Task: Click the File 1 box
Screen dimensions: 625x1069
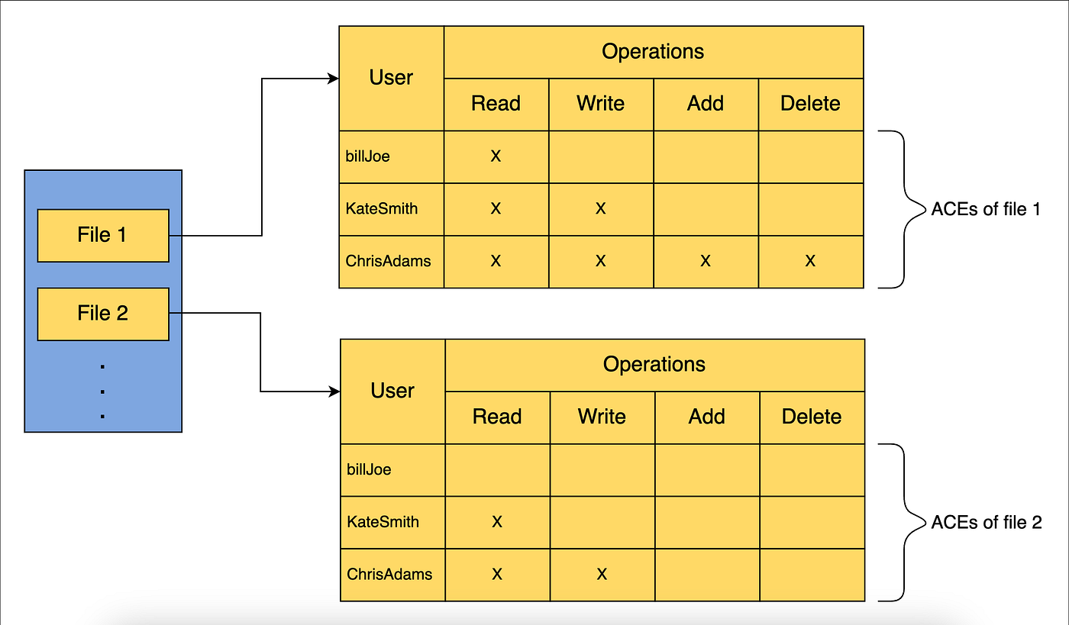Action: [103, 235]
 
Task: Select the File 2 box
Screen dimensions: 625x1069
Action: [103, 314]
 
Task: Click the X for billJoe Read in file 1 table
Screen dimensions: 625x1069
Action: [496, 156]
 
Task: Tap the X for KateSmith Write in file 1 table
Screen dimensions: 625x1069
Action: [601, 208]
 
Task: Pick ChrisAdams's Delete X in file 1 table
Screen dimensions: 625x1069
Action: [810, 261]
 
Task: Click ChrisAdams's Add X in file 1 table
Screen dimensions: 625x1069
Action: [706, 261]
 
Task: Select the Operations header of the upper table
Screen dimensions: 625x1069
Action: [653, 52]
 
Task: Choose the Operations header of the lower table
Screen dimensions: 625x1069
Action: [654, 365]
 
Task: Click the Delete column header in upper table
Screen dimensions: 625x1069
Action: [810, 104]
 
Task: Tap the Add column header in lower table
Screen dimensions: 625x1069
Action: [707, 417]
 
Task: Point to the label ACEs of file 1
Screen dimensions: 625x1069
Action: [986, 209]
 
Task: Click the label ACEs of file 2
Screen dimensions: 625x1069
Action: [987, 522]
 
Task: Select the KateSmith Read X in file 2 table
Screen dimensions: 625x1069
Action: [497, 522]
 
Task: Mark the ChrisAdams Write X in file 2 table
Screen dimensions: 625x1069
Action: [602, 574]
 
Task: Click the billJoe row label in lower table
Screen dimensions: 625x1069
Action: [369, 469]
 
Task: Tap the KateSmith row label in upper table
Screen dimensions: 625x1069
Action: [382, 208]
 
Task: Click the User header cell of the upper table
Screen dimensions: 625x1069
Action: [391, 78]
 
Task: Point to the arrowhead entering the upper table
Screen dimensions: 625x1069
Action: [333, 78]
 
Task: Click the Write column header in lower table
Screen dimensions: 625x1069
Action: [602, 417]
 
